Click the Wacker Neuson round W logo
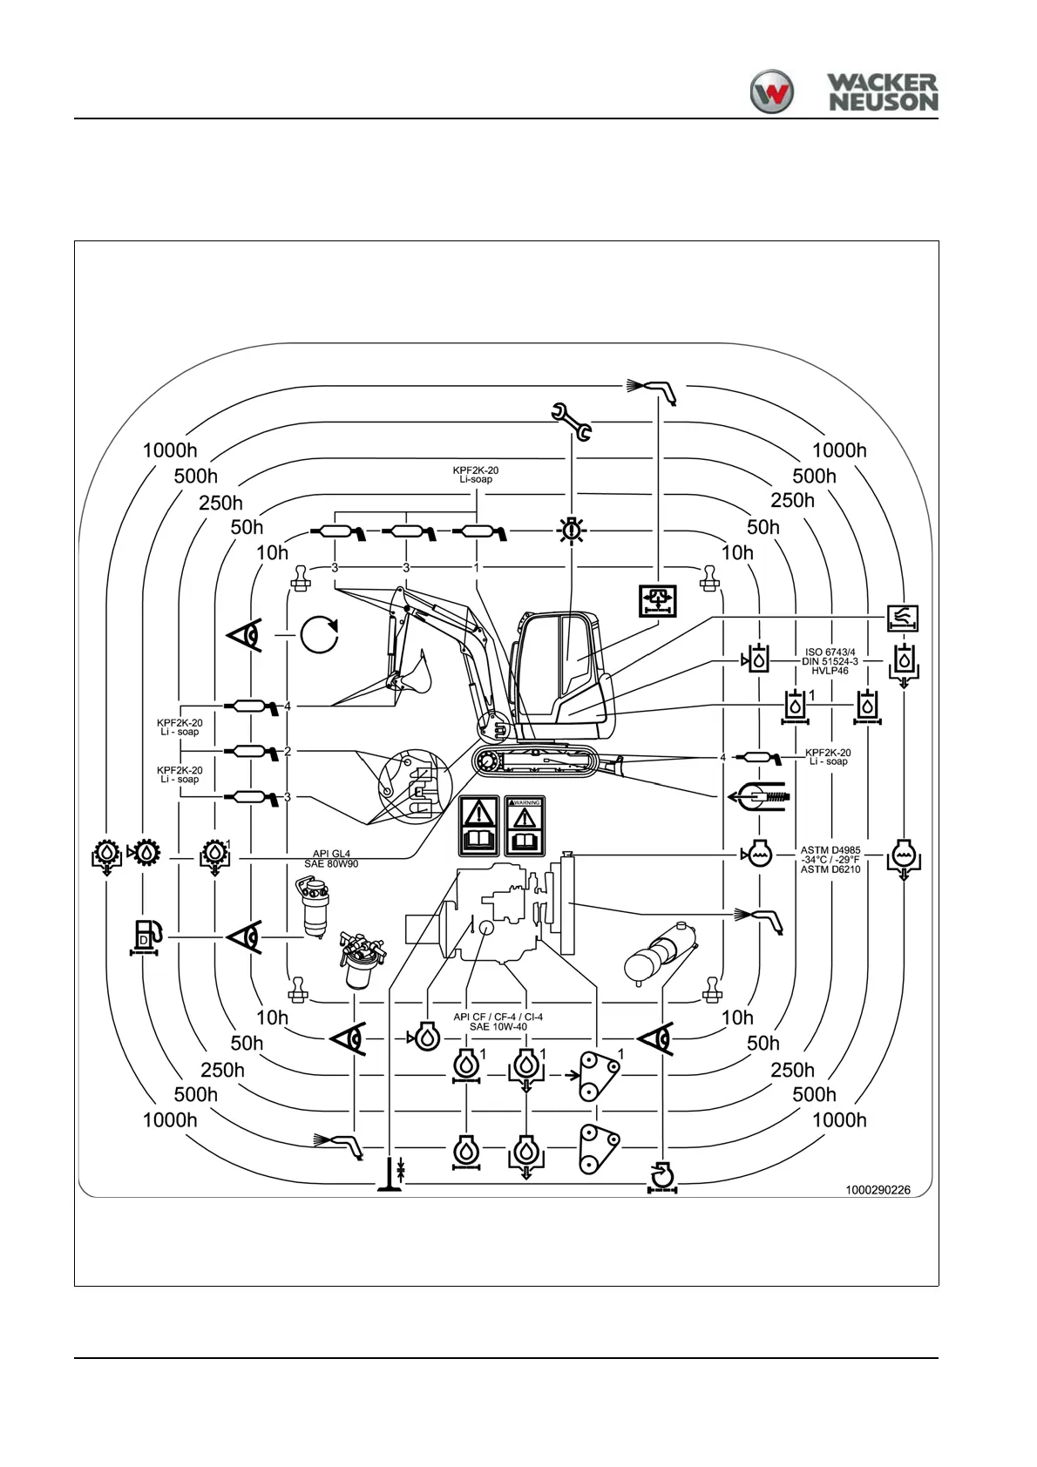click(x=772, y=91)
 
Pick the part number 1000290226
click(x=878, y=1190)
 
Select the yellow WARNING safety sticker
click(x=524, y=825)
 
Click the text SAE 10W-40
click(x=498, y=1027)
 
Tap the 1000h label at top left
click(x=170, y=450)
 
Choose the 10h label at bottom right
click(x=737, y=1017)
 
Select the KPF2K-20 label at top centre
click(x=477, y=470)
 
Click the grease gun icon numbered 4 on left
click(x=251, y=705)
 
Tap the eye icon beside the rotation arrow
click(x=246, y=635)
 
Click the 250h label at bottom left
click(x=222, y=1069)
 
